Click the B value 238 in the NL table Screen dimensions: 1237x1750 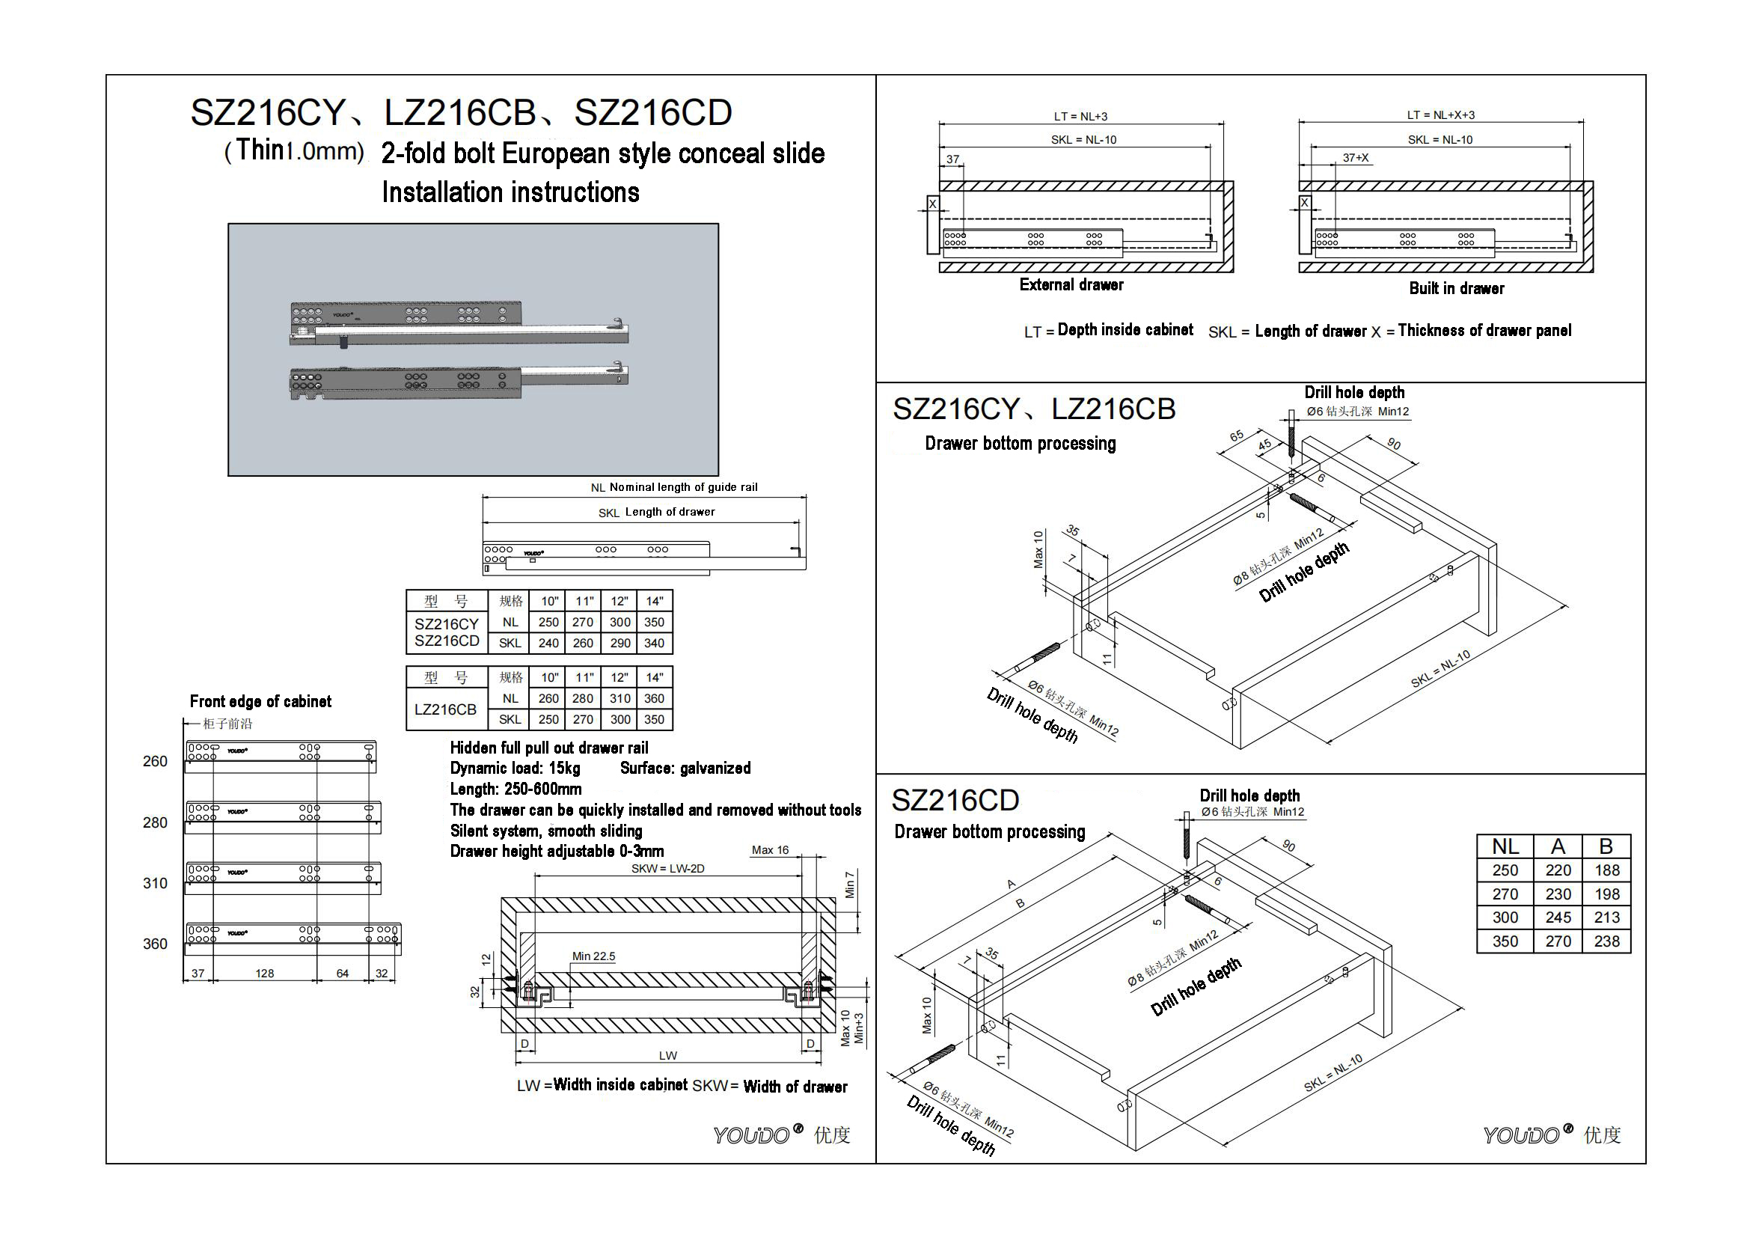point(1606,941)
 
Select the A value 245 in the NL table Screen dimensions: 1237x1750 point(1558,917)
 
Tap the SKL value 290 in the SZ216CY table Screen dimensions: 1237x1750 point(619,644)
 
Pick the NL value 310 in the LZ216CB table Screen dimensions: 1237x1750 point(619,698)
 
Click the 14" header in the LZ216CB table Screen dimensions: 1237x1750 point(655,677)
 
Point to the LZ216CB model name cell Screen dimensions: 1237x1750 point(445,709)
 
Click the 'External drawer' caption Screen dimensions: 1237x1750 point(1071,285)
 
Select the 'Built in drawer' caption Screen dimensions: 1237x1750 point(1456,289)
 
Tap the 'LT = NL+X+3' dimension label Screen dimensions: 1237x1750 point(1440,115)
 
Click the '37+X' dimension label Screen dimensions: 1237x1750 point(1355,158)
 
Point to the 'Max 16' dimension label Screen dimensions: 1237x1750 point(770,850)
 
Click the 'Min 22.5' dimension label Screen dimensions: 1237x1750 point(593,956)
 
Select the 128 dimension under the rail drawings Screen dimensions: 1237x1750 point(264,974)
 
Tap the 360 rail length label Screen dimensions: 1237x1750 point(155,944)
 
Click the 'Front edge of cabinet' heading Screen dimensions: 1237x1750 point(260,701)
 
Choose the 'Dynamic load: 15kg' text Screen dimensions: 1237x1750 point(515,769)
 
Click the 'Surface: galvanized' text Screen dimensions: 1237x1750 point(685,769)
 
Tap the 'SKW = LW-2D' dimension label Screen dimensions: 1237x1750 point(667,869)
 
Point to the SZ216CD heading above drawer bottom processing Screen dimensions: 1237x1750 point(954,800)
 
